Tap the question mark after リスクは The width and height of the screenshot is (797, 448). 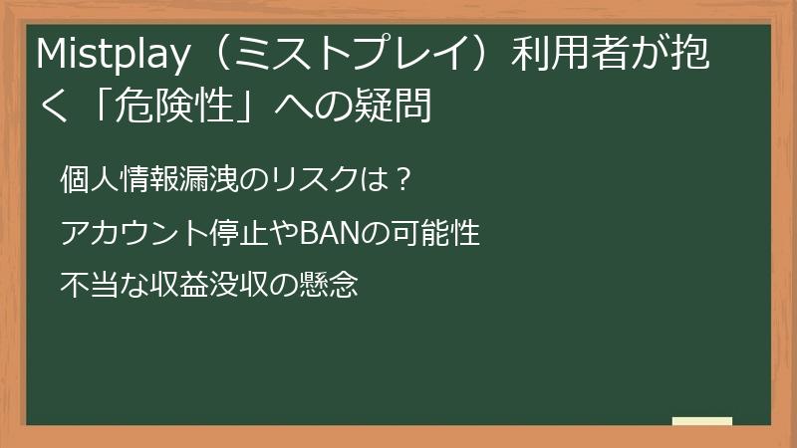coord(400,181)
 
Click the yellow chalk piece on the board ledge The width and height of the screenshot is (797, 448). coord(701,420)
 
